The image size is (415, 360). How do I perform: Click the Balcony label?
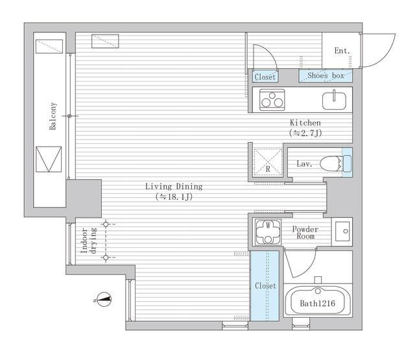pyautogui.click(x=53, y=116)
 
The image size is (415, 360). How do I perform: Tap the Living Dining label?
pyautogui.click(x=174, y=186)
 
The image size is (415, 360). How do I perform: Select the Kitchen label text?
pyautogui.click(x=305, y=123)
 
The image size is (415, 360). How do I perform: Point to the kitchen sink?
pyautogui.click(x=334, y=101)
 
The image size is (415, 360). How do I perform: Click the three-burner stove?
pyautogui.click(x=272, y=100)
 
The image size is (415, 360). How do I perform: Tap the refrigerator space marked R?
pyautogui.click(x=268, y=162)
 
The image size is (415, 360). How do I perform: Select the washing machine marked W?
pyautogui.click(x=268, y=232)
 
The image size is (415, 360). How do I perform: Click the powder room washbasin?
pyautogui.click(x=342, y=232)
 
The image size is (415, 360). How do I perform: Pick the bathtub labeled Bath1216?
pyautogui.click(x=318, y=302)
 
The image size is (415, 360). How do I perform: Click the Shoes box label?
pyautogui.click(x=326, y=76)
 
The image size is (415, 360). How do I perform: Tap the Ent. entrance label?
pyautogui.click(x=342, y=51)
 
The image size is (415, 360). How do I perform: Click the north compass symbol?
pyautogui.click(x=104, y=300)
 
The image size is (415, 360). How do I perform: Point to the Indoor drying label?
pyautogui.click(x=89, y=241)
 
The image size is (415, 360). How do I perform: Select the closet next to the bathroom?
pyautogui.click(x=265, y=286)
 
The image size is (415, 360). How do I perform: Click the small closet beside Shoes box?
pyautogui.click(x=265, y=77)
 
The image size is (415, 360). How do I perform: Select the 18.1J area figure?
pyautogui.click(x=174, y=197)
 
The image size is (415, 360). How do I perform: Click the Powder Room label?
pyautogui.click(x=305, y=232)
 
